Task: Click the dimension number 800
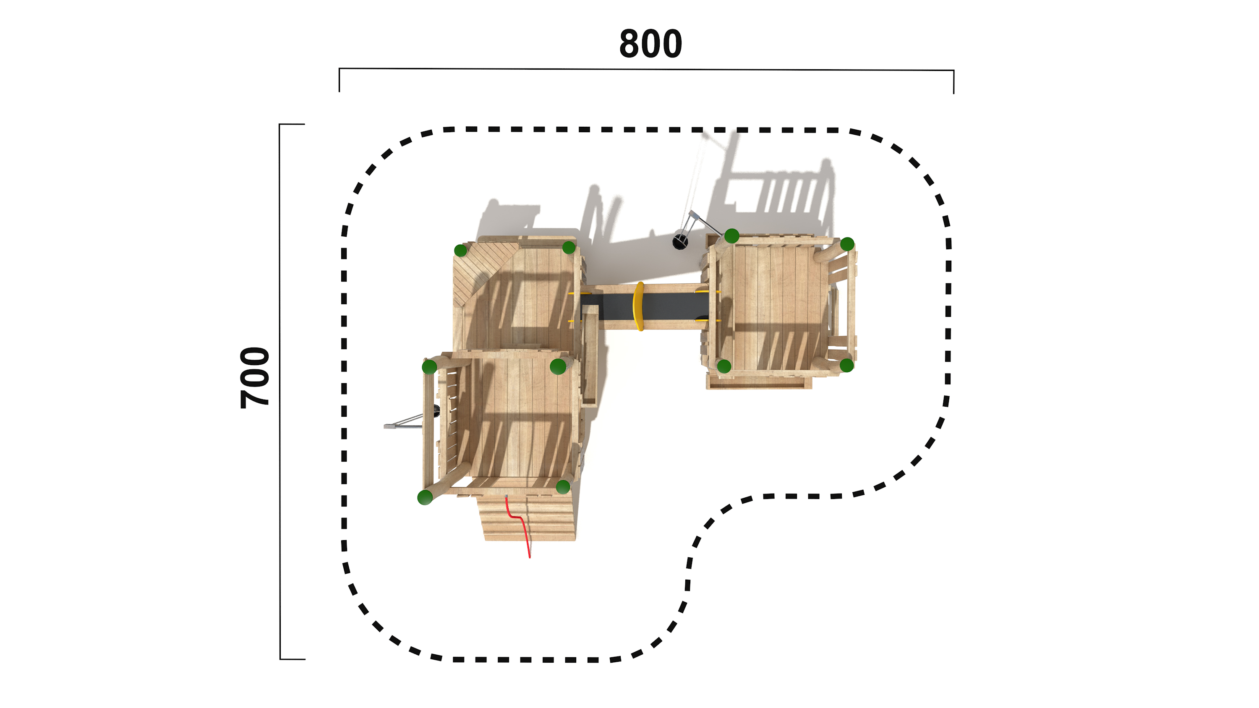650,44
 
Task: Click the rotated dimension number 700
255,378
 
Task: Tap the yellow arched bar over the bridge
638,306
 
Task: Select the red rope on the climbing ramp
518,526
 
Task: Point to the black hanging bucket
680,241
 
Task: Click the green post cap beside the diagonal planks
460,251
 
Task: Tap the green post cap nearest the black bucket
731,236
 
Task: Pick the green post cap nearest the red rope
563,487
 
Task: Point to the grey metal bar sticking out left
403,423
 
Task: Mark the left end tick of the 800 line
339,80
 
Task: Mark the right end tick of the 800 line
953,81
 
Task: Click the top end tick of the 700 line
292,124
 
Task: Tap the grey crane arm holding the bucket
704,223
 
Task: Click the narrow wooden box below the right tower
759,383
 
